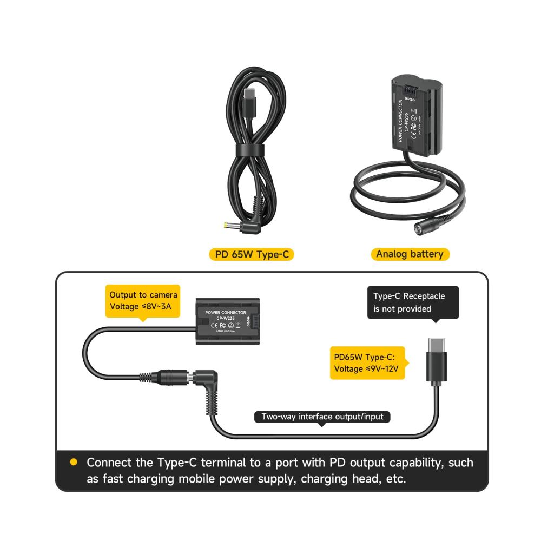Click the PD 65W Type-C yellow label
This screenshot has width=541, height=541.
(x=252, y=254)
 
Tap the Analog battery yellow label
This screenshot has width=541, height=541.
(x=410, y=254)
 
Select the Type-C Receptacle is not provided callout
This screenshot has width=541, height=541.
(x=413, y=302)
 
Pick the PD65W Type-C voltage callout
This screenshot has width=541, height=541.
(x=367, y=362)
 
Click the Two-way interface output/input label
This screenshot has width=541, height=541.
(x=322, y=417)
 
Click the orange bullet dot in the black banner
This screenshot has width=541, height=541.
(x=74, y=463)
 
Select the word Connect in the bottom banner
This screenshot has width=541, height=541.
(x=110, y=463)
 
